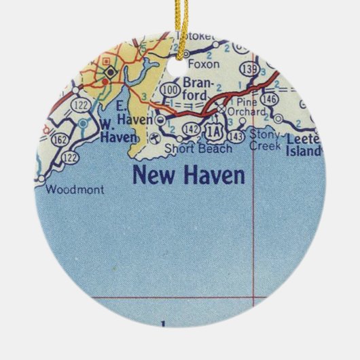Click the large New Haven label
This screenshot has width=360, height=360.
tap(188, 175)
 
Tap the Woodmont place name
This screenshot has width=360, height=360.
tap(75, 191)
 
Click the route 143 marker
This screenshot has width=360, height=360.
tap(236, 137)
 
